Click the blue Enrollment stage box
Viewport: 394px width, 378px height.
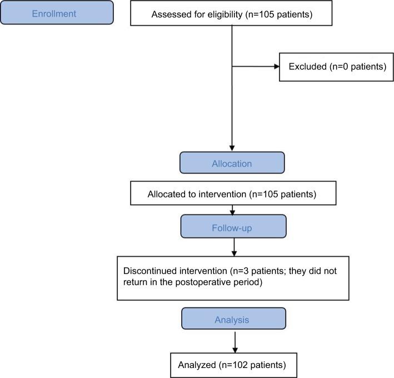pyautogui.click(x=57, y=13)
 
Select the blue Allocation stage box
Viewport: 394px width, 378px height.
pyautogui.click(x=232, y=163)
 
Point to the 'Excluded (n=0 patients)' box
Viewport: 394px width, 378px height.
pyautogui.click(x=337, y=67)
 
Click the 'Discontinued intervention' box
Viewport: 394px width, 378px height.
pyautogui.click(x=232, y=278)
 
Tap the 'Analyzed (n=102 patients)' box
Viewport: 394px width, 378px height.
pyautogui.click(x=232, y=365)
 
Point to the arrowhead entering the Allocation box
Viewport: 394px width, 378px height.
pyautogui.click(x=232, y=148)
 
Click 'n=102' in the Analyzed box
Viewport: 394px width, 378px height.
pyautogui.click(x=235, y=365)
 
